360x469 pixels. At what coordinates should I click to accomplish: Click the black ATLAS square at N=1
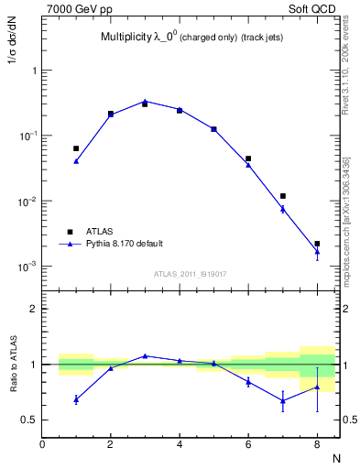tap(76, 147)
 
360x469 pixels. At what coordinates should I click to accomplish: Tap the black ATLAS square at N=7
tap(283, 196)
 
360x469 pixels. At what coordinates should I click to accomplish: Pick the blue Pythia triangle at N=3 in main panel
tap(145, 102)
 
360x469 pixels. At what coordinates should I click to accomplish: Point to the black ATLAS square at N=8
tap(317, 244)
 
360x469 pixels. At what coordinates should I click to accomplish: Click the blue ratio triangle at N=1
tap(76, 399)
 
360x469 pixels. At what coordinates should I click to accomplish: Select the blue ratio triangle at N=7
tap(283, 400)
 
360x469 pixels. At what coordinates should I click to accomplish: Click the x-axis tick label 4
tap(180, 445)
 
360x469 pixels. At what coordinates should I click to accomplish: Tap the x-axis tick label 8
tap(317, 445)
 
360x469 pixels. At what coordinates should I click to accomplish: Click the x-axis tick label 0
tap(42, 445)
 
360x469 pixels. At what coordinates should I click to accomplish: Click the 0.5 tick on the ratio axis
tap(30, 420)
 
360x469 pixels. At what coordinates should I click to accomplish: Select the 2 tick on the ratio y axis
tap(33, 309)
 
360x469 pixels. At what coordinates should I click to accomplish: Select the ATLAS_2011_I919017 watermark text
tap(191, 272)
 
